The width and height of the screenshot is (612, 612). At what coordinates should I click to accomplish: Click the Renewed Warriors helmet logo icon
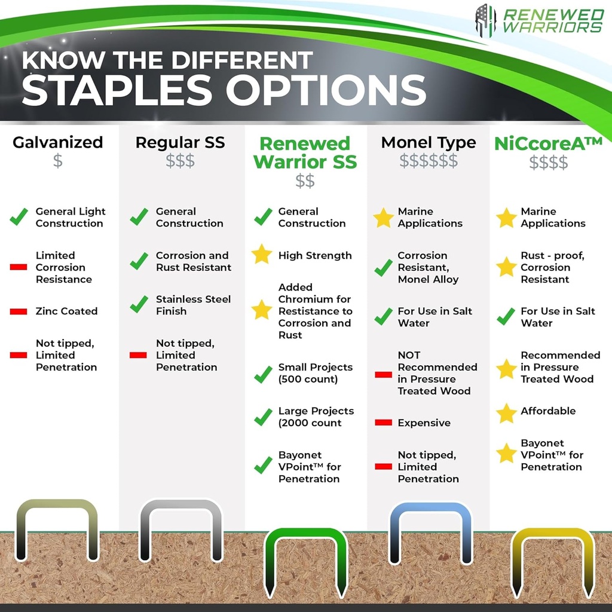pos(485,20)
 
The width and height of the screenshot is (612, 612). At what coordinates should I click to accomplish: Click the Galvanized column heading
pos(58,143)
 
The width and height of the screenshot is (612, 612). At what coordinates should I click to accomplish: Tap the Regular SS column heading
pos(180,143)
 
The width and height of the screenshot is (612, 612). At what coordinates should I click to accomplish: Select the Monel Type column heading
pos(429,143)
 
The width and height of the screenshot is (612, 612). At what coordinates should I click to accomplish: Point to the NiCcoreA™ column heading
pos(548,143)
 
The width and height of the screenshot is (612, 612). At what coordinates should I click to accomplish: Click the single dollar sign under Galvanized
pos(58,161)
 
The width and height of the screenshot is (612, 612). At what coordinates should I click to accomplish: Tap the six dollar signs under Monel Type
pos(429,161)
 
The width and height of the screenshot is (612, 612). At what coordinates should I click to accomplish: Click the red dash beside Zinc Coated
pos(19,311)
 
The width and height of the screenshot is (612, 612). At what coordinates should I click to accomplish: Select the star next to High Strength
pos(262,255)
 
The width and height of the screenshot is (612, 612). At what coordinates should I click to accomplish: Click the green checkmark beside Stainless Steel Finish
pos(139,304)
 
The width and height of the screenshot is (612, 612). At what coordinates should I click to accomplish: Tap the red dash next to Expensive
pos(383,423)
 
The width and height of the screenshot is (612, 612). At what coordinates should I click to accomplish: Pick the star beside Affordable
pos(506,412)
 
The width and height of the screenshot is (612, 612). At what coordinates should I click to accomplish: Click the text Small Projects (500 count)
pos(315,373)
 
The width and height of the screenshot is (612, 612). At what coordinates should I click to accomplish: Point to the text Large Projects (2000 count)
pos(316,417)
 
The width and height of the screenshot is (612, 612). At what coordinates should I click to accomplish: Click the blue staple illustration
pos(430,529)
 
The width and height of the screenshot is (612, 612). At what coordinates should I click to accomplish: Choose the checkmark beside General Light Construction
pos(19,217)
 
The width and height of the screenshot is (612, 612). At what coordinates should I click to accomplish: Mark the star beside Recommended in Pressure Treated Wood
pos(506,369)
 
